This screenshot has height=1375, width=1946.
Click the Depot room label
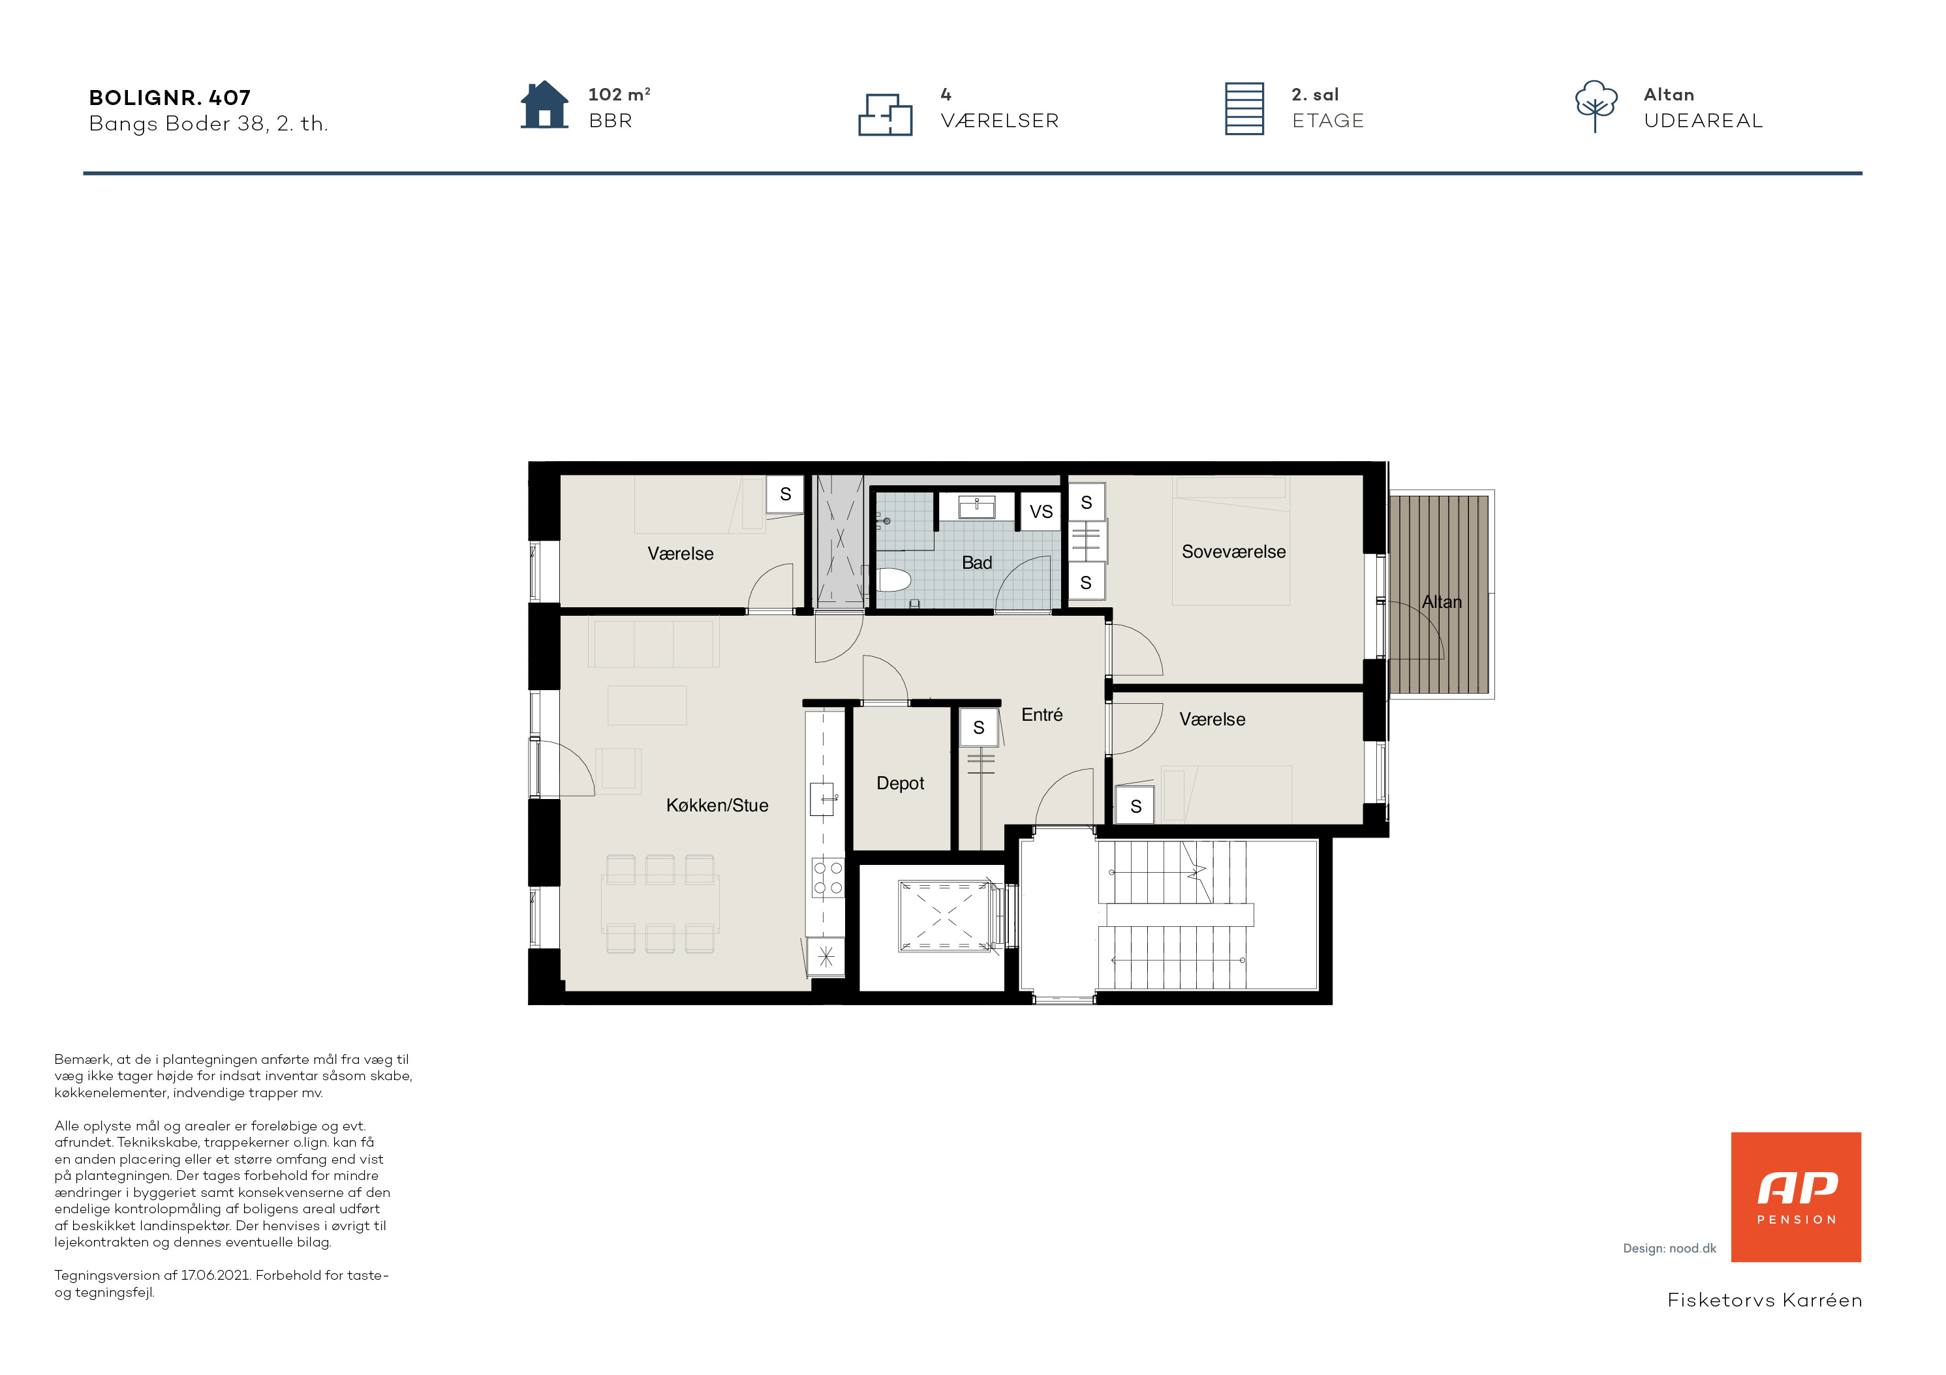click(899, 783)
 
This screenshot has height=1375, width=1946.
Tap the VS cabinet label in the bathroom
click(1041, 511)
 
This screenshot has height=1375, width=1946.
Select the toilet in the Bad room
click(893, 581)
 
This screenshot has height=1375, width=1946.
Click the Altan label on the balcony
click(1441, 602)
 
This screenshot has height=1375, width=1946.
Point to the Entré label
click(1042, 715)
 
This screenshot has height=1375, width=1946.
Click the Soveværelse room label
click(1233, 552)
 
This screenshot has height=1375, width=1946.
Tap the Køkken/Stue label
click(717, 806)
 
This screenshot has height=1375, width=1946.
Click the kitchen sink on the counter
click(822, 800)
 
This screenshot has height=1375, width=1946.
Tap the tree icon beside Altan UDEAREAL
click(1596, 106)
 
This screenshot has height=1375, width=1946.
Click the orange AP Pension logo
click(1796, 1197)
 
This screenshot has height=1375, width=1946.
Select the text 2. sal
click(1316, 95)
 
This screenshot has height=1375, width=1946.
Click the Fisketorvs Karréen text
click(1765, 1301)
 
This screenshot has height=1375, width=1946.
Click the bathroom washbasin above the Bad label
click(976, 507)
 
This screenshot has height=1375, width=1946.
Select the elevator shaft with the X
click(944, 916)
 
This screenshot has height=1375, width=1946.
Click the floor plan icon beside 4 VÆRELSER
click(885, 114)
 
